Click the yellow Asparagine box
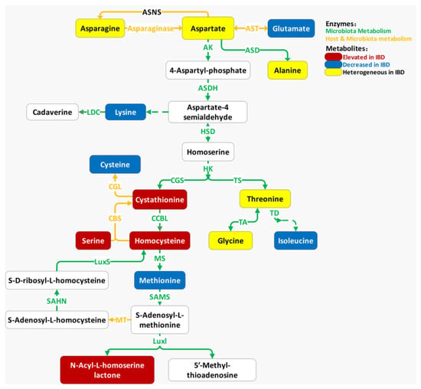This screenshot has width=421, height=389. coord(100,28)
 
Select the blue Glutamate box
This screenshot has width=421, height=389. coord(291,28)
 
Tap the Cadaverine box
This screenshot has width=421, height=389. coord(52,112)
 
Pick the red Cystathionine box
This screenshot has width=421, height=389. coord(160,200)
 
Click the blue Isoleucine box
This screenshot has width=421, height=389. coord(295,240)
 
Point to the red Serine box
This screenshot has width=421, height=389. coord(93,240)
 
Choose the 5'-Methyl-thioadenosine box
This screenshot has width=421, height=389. coord(212,370)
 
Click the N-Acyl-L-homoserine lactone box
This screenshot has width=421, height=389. coord(107,370)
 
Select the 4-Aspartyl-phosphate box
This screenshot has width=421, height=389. coord(208,70)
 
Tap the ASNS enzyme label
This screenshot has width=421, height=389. coord(152,12)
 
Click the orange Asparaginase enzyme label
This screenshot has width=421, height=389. coord(150,28)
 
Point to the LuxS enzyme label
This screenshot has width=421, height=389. coord(103,262)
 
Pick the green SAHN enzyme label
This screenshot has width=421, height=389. coord(57,301)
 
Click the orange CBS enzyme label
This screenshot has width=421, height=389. coord(115,218)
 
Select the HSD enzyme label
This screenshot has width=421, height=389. coord(208,132)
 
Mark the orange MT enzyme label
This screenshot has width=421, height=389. coord(121,320)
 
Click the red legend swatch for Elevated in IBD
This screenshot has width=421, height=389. coord(333,57)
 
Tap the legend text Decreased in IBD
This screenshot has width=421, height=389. coord(366,65)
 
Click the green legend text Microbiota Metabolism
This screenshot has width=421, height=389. coord(358,31)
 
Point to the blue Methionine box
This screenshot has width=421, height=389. coord(160,280)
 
